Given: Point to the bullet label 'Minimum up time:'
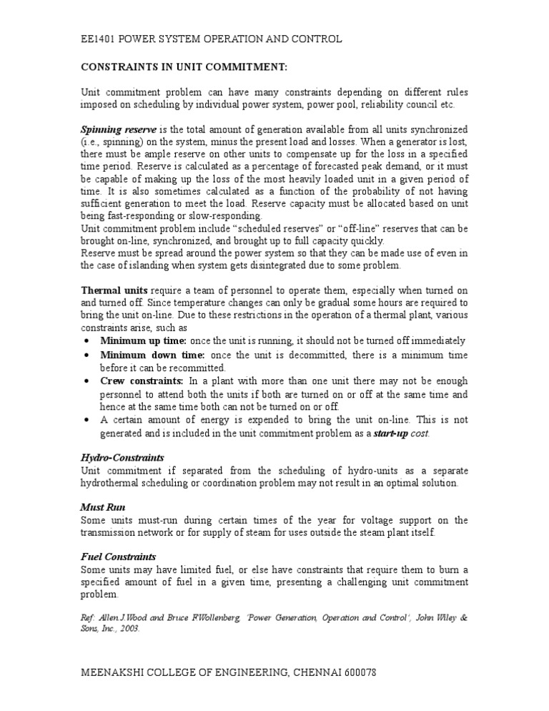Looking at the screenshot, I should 144,340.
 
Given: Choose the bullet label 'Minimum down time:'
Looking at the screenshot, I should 152,355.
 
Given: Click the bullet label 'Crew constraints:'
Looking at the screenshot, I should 142,381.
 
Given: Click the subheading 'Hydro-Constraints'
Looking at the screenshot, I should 122,456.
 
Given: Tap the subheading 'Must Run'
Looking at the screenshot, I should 101,506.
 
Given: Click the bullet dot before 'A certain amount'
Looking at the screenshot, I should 86,421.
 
